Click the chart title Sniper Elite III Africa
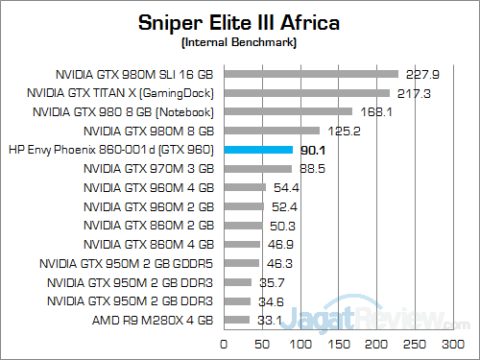tap(240, 22)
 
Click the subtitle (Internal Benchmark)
tap(240, 43)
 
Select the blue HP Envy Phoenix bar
tap(258, 150)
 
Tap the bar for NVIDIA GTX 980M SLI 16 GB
tap(311, 73)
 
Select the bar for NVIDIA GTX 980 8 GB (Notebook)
tap(288, 111)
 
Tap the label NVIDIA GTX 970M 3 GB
tap(154, 168)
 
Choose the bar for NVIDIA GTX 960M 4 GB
tap(245, 187)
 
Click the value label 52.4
tap(284, 206)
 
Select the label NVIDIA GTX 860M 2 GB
tap(154, 225)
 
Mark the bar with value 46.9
tap(242, 244)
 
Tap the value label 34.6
tap(271, 300)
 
